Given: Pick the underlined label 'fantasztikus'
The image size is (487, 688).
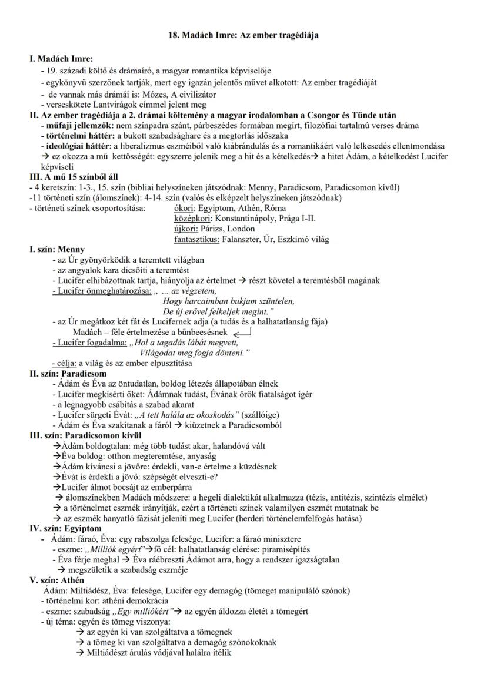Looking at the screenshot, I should pos(197,239).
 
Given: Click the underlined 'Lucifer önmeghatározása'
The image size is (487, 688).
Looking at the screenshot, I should pos(101,290).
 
